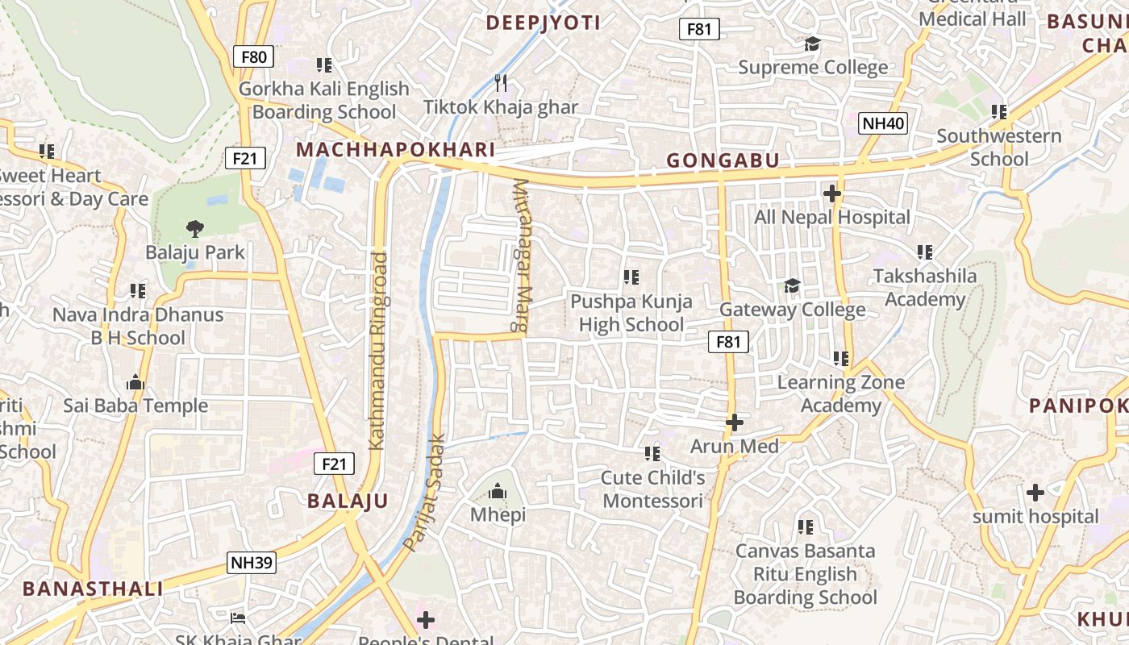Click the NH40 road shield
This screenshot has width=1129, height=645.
(x=883, y=123)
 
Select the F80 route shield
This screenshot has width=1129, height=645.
(x=253, y=56)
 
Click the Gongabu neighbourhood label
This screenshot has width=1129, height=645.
(x=723, y=161)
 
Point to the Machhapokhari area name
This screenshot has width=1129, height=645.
(x=395, y=150)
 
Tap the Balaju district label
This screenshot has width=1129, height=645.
(x=348, y=501)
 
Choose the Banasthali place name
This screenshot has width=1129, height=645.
(x=93, y=589)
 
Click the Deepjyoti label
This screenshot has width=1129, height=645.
(x=543, y=23)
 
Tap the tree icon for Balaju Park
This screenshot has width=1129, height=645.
(x=194, y=229)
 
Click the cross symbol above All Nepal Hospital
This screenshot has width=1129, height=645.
(x=831, y=193)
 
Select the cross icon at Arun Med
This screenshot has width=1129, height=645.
(x=734, y=422)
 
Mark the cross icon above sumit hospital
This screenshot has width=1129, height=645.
(x=1035, y=492)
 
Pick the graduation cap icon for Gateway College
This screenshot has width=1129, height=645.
(x=793, y=286)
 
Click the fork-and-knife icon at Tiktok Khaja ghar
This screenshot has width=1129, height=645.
(x=501, y=82)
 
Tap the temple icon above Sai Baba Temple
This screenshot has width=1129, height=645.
(x=135, y=381)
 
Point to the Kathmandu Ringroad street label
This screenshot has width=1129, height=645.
(x=378, y=351)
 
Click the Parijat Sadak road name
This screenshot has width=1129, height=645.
(x=425, y=493)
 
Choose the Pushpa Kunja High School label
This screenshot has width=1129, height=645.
(x=631, y=313)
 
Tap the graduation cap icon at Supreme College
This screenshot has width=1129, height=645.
(x=812, y=44)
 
